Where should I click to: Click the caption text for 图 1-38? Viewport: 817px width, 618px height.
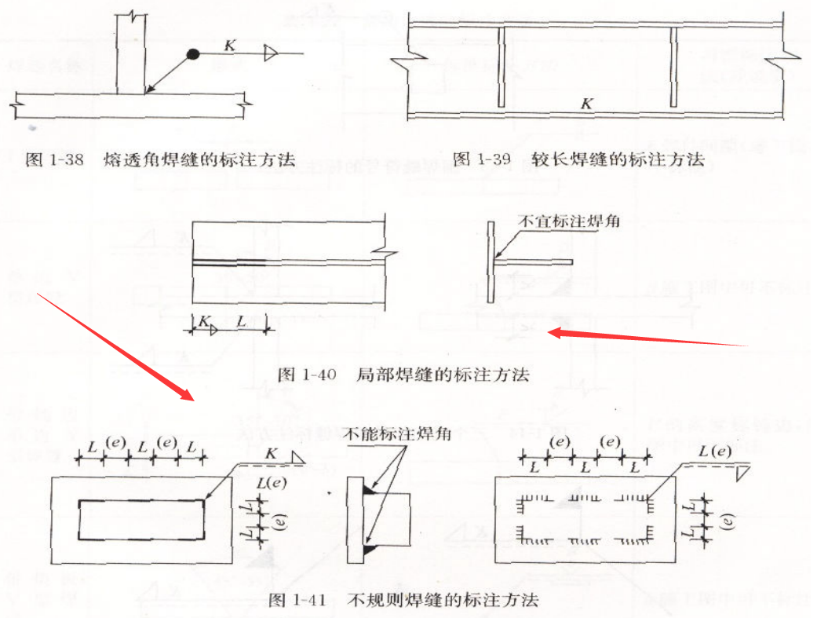click(160, 160)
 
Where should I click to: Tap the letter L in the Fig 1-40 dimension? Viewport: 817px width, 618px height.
click(241, 322)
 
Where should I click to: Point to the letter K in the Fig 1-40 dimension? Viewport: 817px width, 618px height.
click(202, 322)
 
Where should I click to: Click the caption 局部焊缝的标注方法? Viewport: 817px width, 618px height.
click(443, 375)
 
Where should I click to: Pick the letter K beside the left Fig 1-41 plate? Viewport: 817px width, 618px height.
click(271, 454)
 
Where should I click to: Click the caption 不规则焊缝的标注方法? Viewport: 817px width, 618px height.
click(443, 601)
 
